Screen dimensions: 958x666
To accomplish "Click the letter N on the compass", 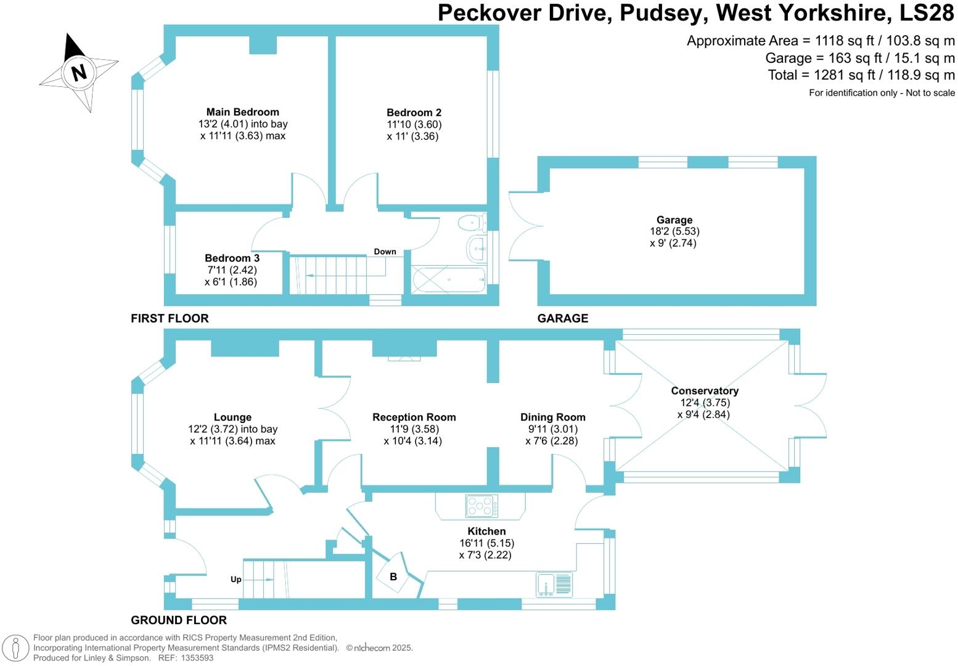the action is click(x=78, y=73).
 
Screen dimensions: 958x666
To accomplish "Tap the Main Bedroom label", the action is click(x=242, y=112).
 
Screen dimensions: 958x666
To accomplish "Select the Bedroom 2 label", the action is click(x=414, y=113).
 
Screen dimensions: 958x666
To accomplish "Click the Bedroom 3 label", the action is click(x=232, y=258).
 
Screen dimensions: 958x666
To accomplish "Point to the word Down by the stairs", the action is click(x=385, y=252).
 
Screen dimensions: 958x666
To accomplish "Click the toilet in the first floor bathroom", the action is click(x=472, y=221).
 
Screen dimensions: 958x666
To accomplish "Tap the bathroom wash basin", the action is click(x=477, y=249).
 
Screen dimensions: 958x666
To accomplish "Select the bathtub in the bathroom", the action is click(x=448, y=279).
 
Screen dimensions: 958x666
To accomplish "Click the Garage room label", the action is click(x=674, y=220).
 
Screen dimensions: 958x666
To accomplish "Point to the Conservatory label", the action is click(x=705, y=391).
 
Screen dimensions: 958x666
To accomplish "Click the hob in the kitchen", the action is click(x=481, y=507).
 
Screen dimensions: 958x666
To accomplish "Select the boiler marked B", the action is click(x=393, y=577).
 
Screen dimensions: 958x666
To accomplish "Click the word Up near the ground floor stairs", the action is click(x=235, y=580).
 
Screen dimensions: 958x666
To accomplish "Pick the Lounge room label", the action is click(x=232, y=417).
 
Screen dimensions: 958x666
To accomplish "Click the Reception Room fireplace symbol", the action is click(x=404, y=358).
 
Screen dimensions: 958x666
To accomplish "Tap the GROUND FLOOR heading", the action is click(x=179, y=620).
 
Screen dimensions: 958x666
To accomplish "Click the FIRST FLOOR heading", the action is click(x=170, y=319).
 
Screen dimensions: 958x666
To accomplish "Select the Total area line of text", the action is click(x=861, y=75).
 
